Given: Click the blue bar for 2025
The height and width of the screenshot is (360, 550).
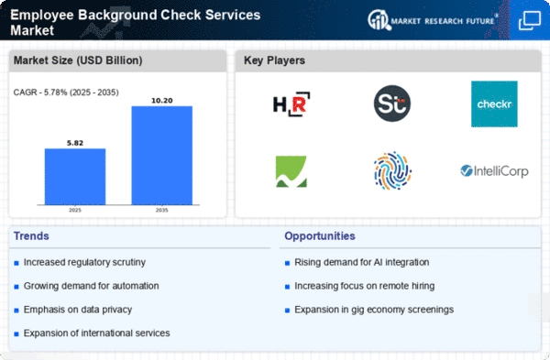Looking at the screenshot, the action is click(75, 177).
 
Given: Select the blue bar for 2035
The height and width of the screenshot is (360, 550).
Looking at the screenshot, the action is click(162, 156).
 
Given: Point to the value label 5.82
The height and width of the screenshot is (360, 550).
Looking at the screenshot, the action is click(75, 143).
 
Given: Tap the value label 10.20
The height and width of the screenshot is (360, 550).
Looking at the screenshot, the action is click(162, 101).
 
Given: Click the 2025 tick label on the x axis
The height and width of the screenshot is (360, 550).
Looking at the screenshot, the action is click(75, 210).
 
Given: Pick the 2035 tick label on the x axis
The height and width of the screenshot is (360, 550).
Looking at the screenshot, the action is click(161, 210).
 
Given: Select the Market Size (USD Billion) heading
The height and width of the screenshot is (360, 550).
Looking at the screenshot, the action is click(78, 60).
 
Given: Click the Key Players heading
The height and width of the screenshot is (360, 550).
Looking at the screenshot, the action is click(274, 60).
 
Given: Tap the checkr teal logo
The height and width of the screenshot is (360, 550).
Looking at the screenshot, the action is click(494, 104).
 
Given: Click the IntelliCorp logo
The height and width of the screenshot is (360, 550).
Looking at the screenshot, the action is click(494, 171).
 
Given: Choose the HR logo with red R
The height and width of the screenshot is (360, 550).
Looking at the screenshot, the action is click(291, 104).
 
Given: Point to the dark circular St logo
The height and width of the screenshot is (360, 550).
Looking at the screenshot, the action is click(392, 104).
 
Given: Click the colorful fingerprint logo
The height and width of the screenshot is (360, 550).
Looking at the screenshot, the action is click(392, 170).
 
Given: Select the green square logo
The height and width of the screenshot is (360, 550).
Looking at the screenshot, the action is click(291, 171).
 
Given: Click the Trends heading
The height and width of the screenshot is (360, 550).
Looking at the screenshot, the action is click(31, 236).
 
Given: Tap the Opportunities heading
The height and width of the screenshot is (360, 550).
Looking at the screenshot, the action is click(320, 236).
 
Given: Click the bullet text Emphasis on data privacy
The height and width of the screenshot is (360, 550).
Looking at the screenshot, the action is click(78, 310).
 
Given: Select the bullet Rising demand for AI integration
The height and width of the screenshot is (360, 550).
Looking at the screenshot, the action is click(362, 262).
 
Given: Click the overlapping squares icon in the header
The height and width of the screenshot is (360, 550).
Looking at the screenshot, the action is click(530, 20).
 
